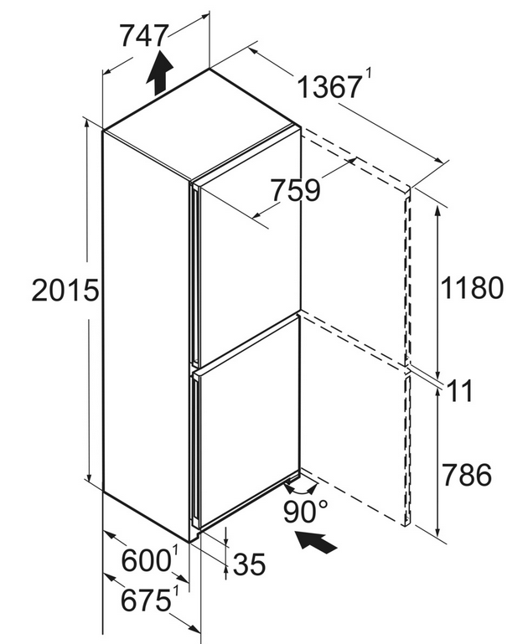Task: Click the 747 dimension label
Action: (144, 36)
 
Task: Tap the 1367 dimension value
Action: (329, 87)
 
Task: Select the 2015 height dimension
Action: (65, 291)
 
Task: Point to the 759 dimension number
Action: (296, 190)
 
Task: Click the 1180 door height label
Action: (472, 287)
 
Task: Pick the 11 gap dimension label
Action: (460, 391)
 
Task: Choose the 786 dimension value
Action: (467, 475)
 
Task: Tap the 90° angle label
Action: (306, 512)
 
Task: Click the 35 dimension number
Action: (249, 564)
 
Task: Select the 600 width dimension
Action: (146, 560)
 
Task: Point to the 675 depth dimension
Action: (146, 600)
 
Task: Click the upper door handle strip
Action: (194, 275)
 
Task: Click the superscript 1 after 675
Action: (176, 592)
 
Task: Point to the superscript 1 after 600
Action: (175, 552)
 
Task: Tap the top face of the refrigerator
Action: (200, 123)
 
